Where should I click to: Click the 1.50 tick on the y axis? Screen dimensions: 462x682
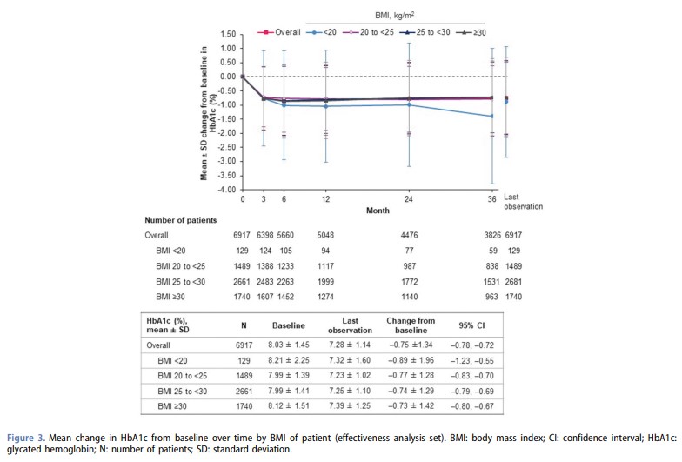pos(227,34)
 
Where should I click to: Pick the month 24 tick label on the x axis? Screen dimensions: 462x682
pos(410,200)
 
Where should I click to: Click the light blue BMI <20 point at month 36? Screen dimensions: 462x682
pos(491,116)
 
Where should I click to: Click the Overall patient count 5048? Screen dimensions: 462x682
pos(325,235)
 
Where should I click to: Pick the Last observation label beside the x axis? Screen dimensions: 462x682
pos(523,202)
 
